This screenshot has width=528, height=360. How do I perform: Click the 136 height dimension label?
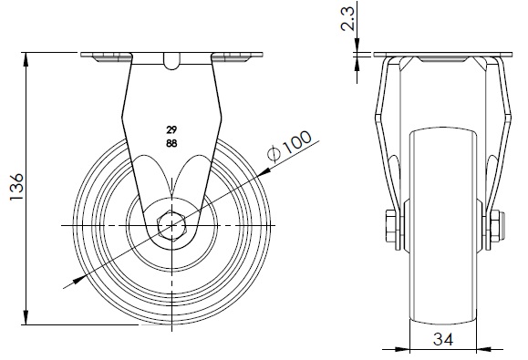16,187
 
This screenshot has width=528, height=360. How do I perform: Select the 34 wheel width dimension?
443,339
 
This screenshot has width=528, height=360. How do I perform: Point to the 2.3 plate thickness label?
347,19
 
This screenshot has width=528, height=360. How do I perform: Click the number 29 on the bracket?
171,129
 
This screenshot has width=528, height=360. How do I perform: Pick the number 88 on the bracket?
171,144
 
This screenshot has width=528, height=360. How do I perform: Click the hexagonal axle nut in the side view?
171,225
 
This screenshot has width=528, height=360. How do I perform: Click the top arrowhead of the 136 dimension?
26,59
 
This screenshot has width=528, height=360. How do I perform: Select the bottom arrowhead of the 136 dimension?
26,318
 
